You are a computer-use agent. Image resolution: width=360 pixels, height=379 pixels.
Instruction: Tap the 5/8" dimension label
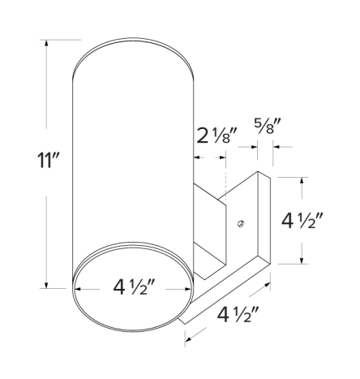click(268, 127)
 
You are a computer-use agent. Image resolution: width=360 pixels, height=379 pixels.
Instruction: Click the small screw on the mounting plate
click(240, 222)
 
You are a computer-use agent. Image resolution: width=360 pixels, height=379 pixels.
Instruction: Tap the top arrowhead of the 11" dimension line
click(47, 43)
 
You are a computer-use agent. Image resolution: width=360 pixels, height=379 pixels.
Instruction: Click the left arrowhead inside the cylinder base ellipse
click(80, 288)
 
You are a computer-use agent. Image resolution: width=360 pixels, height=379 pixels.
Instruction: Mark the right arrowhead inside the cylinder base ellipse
click(187, 288)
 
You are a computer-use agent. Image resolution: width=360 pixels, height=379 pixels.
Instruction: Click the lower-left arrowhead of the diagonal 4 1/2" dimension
click(189, 335)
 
